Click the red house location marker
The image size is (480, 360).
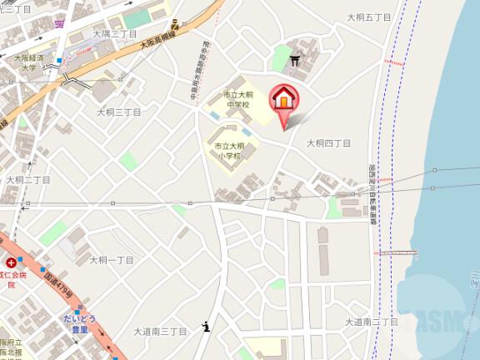(283, 98)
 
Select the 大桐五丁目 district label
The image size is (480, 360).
(367, 17)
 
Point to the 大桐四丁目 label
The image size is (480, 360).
(328, 143)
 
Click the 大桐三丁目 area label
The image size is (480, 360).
(118, 112)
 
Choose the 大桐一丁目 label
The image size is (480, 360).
(111, 260)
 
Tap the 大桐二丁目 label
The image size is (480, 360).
(28, 180)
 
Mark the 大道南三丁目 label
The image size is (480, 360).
(161, 331)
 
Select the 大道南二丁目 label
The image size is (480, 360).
(372, 322)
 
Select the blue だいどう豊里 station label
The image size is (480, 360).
(80, 322)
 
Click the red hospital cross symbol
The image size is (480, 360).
(11, 263)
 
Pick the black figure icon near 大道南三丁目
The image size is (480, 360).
(206, 327)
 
